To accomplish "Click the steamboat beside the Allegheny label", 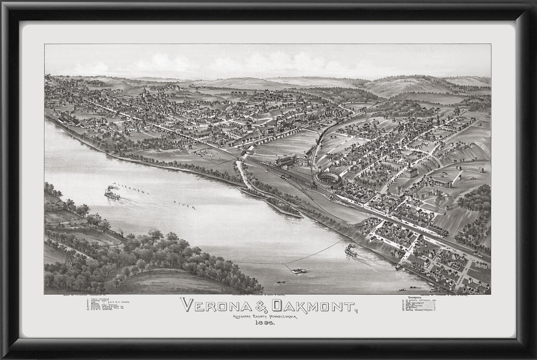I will (112, 194).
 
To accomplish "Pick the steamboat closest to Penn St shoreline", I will (351, 251).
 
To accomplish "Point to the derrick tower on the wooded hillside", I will (69, 260).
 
